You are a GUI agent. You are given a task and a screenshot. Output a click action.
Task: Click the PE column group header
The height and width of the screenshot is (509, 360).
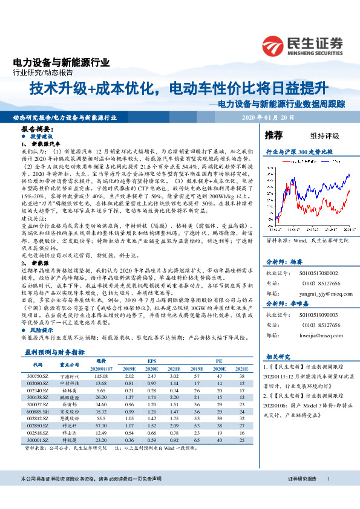[x=219, y=360]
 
